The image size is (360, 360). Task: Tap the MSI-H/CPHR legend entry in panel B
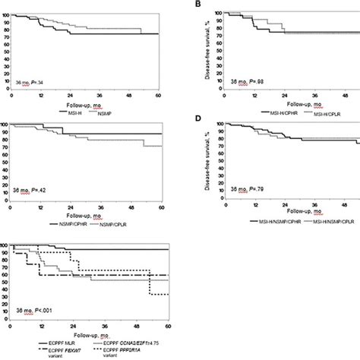click(x=257, y=112)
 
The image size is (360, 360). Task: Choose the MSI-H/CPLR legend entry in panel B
click(x=311, y=112)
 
